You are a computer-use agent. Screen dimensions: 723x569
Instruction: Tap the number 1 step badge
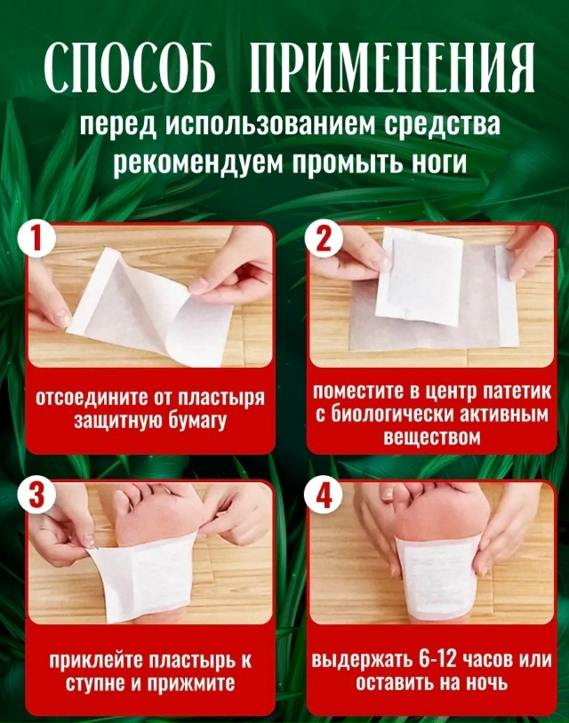click(x=36, y=241)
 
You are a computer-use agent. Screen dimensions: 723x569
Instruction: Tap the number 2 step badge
click(x=323, y=241)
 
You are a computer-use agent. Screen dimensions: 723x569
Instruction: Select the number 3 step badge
click(x=36, y=497)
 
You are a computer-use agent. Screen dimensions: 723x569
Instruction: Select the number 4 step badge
click(x=324, y=497)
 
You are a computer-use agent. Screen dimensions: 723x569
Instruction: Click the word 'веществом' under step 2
click(x=432, y=438)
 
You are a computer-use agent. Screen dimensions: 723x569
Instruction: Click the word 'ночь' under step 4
click(x=485, y=683)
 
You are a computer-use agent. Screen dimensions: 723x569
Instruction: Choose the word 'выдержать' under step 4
click(x=354, y=661)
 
